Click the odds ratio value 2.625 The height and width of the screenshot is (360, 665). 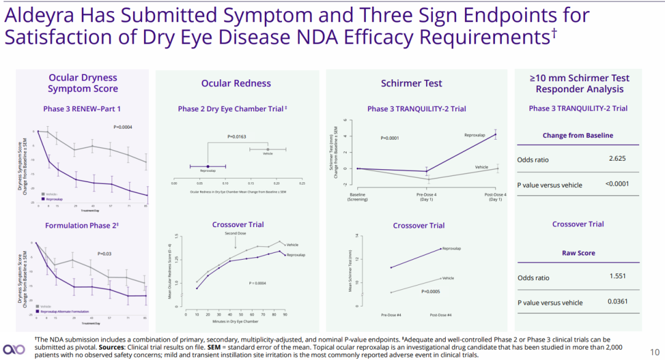618,159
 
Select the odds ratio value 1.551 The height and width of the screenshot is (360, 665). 618,277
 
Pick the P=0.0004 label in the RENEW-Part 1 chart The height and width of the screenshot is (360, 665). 123,127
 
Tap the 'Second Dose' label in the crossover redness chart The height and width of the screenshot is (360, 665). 235,234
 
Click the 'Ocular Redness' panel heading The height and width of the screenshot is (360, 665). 236,83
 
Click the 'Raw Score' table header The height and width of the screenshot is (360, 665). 578,253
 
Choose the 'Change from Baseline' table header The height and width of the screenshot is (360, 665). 578,135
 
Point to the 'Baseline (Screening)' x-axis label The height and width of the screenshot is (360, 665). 358,198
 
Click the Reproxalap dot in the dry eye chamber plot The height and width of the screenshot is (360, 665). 208,166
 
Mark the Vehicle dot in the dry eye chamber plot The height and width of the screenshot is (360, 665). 268,149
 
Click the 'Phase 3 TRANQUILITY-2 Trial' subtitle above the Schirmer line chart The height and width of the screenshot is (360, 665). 416,109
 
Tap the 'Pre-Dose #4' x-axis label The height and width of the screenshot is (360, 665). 392,314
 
